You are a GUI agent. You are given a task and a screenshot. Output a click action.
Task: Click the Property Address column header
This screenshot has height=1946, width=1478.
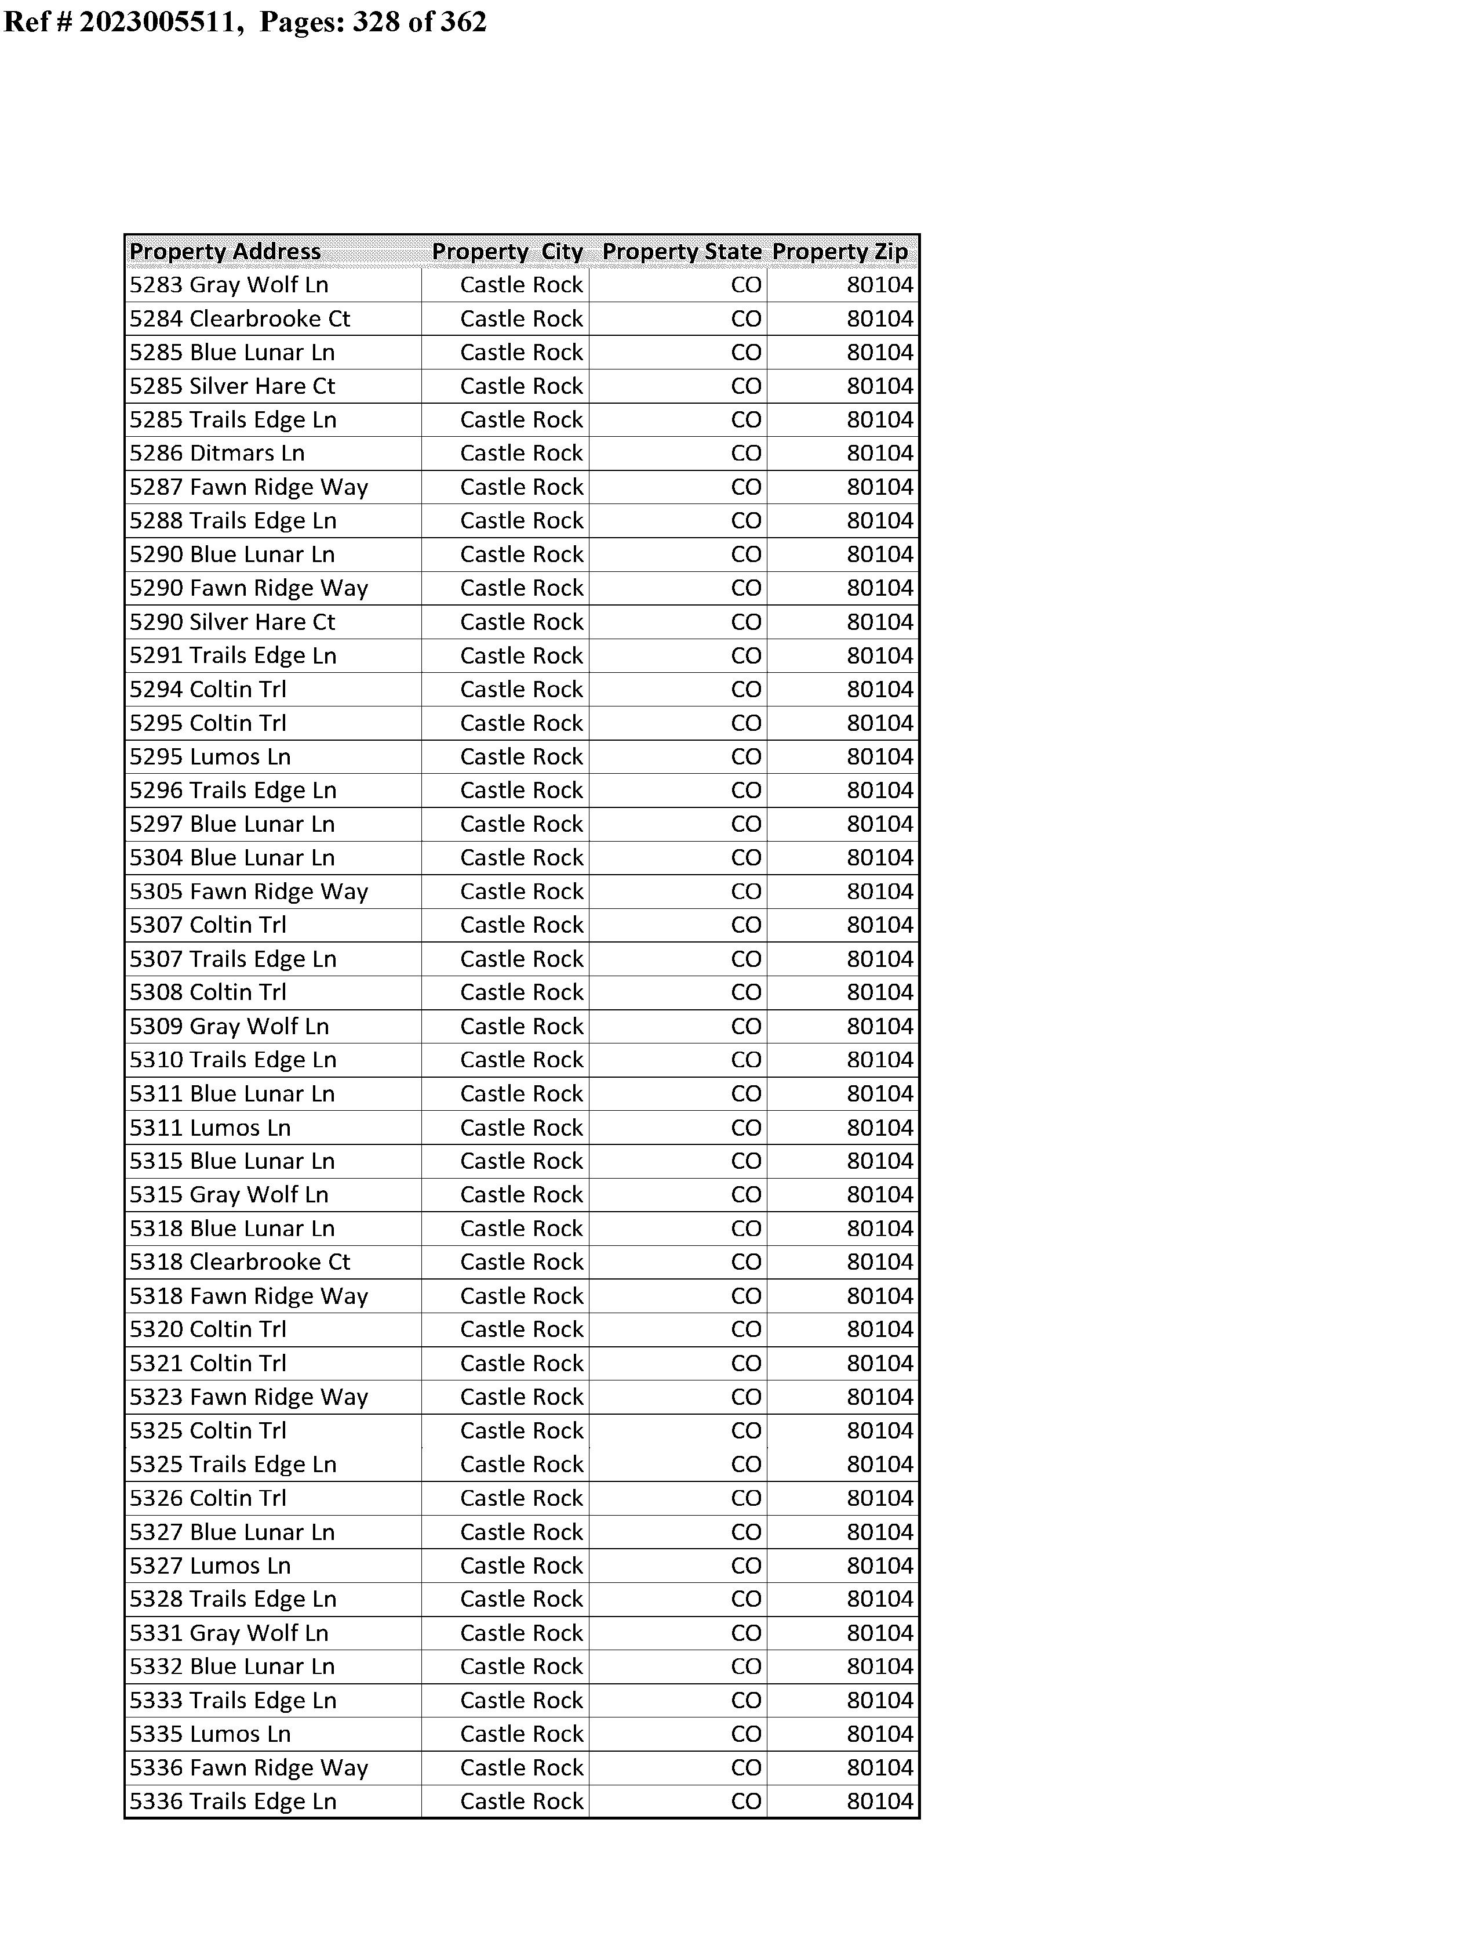point(225,252)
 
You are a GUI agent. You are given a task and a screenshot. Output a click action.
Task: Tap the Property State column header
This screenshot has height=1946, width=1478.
point(681,252)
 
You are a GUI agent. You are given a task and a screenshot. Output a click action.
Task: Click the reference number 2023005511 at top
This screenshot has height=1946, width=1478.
point(161,21)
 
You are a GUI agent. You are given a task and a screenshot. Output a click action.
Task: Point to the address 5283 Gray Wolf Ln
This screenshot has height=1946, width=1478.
point(229,285)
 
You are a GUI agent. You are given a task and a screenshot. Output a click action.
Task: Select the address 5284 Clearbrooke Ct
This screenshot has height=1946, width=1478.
point(239,318)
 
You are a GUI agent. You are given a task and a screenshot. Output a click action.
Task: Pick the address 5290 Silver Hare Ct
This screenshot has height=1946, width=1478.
point(232,622)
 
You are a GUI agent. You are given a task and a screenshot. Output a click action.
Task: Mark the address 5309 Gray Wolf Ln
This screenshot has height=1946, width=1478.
point(229,1026)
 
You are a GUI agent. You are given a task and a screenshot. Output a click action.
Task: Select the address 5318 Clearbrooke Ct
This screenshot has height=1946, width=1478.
point(239,1262)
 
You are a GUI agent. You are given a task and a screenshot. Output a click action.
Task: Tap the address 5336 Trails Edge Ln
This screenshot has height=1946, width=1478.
point(232,1802)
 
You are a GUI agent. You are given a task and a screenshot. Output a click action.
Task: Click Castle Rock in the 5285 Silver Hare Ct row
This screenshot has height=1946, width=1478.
point(521,386)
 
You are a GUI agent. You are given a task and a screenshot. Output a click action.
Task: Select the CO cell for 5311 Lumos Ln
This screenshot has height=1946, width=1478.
point(746,1128)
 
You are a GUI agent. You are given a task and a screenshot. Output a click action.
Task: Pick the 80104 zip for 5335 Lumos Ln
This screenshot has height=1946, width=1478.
point(880,1734)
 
